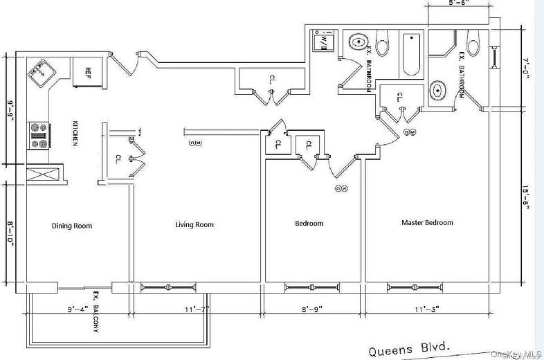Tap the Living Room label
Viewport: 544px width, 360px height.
[x=194, y=224]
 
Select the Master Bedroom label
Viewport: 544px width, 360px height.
[x=427, y=223]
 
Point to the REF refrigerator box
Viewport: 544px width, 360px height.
[x=89, y=71]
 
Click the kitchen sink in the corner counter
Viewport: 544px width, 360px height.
[x=40, y=71]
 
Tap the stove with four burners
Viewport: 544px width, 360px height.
[x=37, y=136]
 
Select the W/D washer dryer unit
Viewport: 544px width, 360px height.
[x=323, y=42]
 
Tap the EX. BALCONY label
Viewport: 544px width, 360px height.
[x=96, y=314]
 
